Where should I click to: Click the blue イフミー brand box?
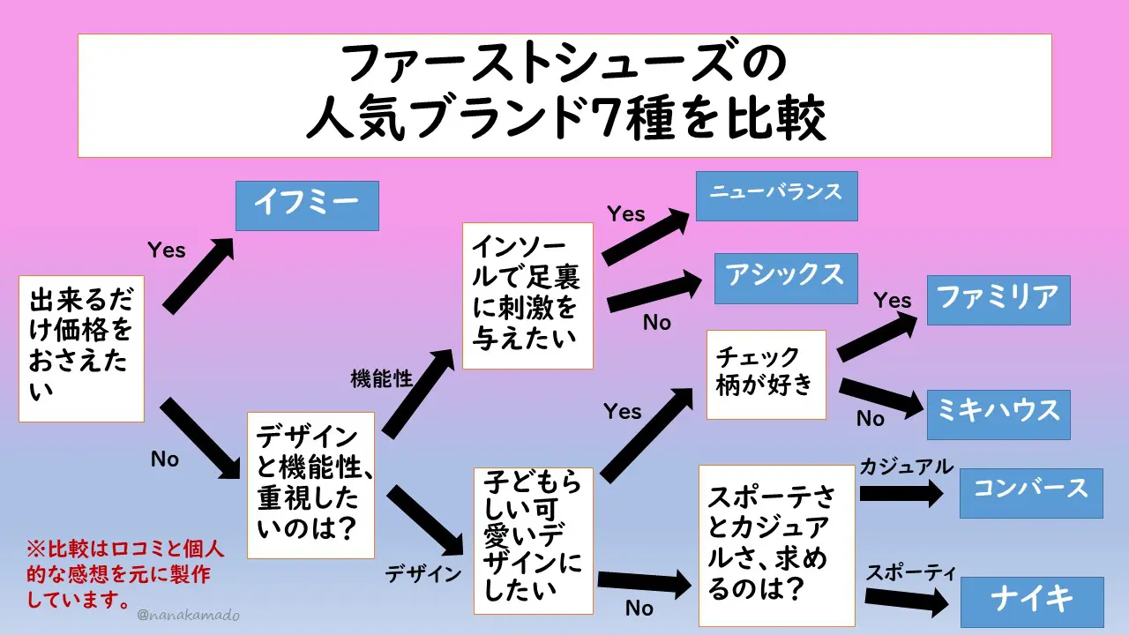tap(307, 205)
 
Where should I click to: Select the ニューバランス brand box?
tap(776, 196)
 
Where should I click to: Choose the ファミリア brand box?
tap(998, 300)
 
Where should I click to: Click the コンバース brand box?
tap(1030, 492)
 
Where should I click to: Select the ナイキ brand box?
tap(1031, 601)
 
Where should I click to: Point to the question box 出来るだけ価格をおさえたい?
tap(81, 348)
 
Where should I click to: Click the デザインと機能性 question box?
tap(310, 485)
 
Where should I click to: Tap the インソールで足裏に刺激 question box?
tap(527, 295)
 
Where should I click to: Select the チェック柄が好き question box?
tap(766, 374)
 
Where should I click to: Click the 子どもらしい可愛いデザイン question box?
tap(535, 540)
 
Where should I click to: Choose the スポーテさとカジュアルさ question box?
tap(776, 545)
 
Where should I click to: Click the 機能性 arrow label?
tap(382, 379)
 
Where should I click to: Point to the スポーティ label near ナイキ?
tap(910, 571)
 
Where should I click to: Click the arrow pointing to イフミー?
tap(199, 275)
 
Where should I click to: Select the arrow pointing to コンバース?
tap(901, 493)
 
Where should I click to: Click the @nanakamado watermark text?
tap(189, 616)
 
